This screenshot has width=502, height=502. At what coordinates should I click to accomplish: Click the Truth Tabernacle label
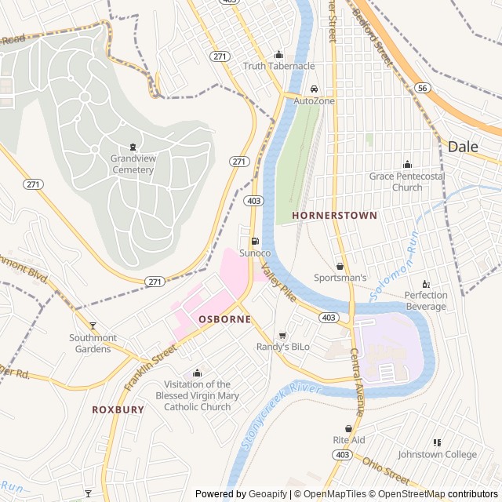pyautogui.click(x=278, y=66)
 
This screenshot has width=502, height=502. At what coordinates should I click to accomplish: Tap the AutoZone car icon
pyautogui.click(x=315, y=89)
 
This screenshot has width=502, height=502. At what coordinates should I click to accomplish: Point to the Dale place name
pyautogui.click(x=463, y=146)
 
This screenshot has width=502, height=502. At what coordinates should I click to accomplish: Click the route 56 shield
pyautogui.click(x=423, y=89)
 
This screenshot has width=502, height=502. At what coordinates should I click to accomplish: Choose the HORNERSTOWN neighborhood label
pyautogui.click(x=334, y=215)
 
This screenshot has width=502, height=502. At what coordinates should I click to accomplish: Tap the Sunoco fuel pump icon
pyautogui.click(x=254, y=241)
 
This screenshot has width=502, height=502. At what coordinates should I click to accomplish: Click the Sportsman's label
pyautogui.click(x=340, y=278)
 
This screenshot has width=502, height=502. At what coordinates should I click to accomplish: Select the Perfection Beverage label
pyautogui.click(x=426, y=300)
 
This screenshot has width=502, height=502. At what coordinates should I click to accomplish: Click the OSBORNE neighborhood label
pyautogui.click(x=224, y=319)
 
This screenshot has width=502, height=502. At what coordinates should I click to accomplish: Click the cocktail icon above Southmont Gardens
pyautogui.click(x=93, y=326)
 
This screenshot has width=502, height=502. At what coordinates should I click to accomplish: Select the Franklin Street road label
pyautogui.click(x=151, y=369)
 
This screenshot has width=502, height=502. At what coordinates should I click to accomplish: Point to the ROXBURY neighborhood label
pyautogui.click(x=118, y=409)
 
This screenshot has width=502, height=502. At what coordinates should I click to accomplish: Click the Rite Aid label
pyautogui.click(x=349, y=440)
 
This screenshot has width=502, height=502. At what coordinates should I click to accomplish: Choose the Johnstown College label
pyautogui.click(x=437, y=454)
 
